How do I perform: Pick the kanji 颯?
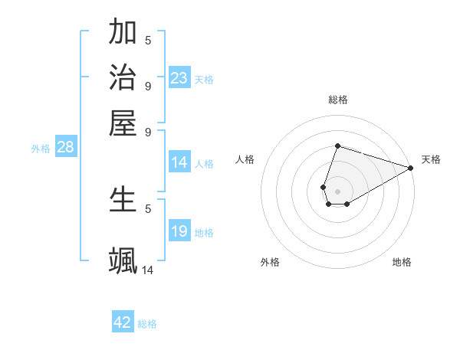[123, 259]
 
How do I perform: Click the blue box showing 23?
[179, 78]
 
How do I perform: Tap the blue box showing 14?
[179, 162]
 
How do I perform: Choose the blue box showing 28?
[65, 148]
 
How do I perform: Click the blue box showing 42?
[123, 322]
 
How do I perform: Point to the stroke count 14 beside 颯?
[147, 270]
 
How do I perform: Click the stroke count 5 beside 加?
[148, 41]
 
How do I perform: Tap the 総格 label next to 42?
[147, 324]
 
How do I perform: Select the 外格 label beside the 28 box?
[41, 149]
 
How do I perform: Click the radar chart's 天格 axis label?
[431, 159]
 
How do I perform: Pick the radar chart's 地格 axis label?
[402, 263]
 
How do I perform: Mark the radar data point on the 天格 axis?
[412, 168]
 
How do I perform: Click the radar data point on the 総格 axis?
[337, 146]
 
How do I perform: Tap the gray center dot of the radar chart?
[337, 191]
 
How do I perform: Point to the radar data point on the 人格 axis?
[324, 187]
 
